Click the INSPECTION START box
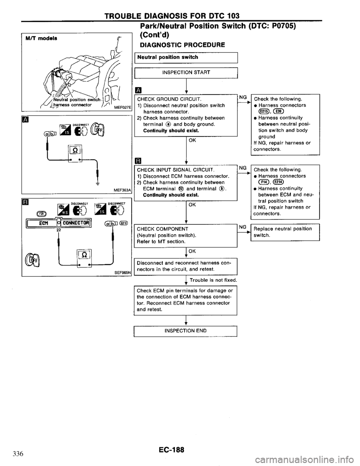[x=186, y=72]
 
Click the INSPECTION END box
[x=186, y=331]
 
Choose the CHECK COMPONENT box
[x=186, y=235]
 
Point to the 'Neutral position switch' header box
[x=186, y=57]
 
